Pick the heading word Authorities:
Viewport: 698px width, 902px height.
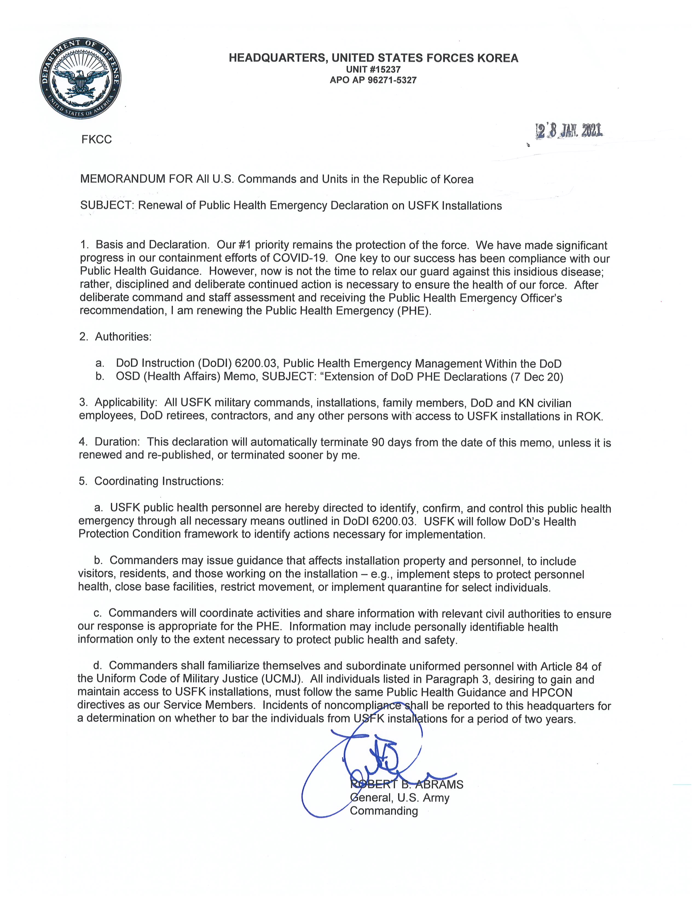(123, 337)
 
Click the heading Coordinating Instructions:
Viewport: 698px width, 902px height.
(159, 481)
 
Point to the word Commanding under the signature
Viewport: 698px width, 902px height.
(384, 811)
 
